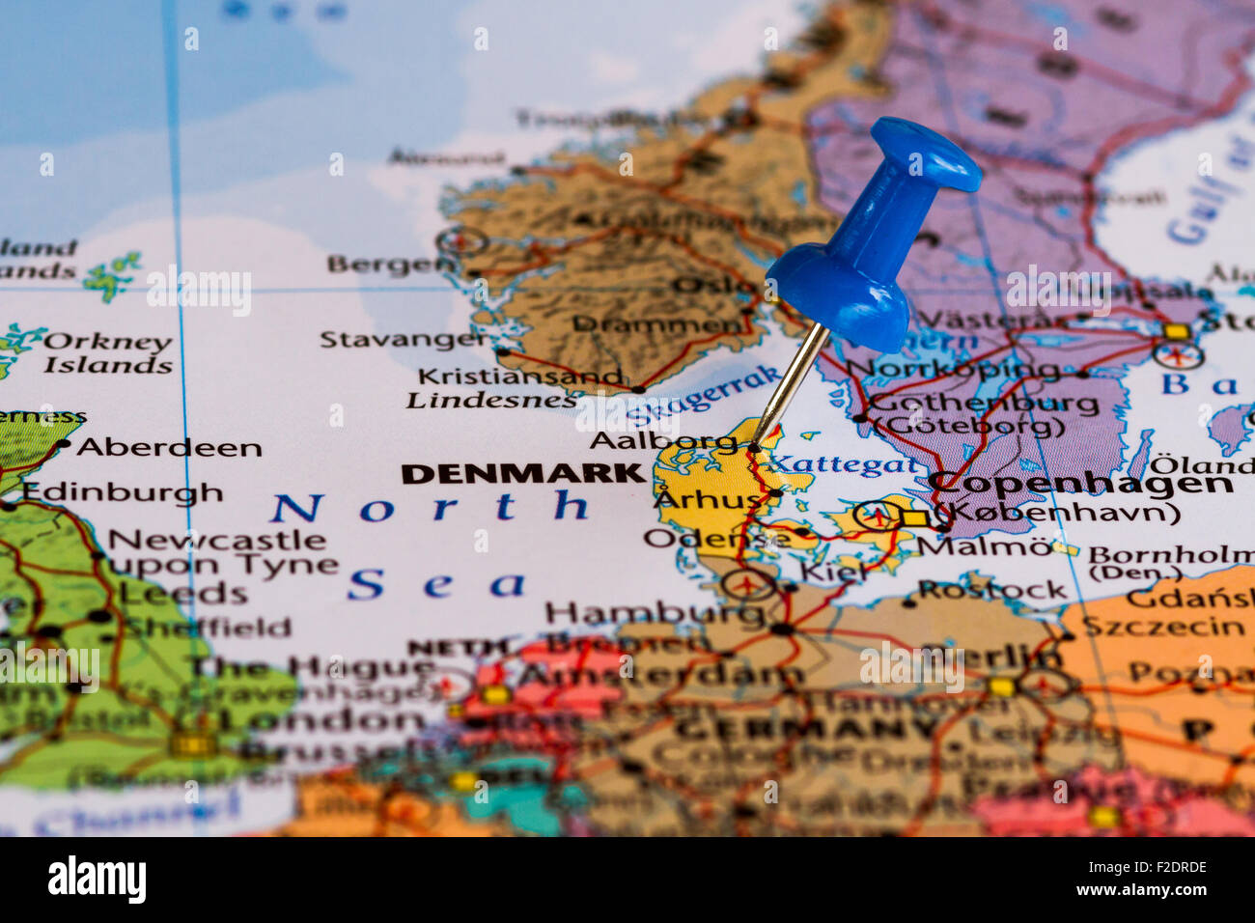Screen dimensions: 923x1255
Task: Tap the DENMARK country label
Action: [x=522, y=474]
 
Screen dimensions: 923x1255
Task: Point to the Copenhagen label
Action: [x=1079, y=484]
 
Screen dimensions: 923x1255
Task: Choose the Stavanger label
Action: [x=404, y=339]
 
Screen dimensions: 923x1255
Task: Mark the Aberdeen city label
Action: [x=169, y=447]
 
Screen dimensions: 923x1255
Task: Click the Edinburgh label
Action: [x=123, y=492]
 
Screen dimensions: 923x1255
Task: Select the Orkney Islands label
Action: [x=108, y=353]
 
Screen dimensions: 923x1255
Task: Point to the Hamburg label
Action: [x=641, y=612]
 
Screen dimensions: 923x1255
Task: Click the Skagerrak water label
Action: [x=703, y=396]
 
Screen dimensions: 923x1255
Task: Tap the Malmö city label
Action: [x=984, y=545]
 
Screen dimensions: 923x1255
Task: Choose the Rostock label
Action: [x=991, y=589]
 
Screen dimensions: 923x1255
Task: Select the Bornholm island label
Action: [x=1170, y=555]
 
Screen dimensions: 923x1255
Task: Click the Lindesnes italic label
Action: [x=491, y=400]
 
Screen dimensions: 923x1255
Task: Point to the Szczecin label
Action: [x=1162, y=627]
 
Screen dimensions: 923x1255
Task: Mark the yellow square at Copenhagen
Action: [x=912, y=518]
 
